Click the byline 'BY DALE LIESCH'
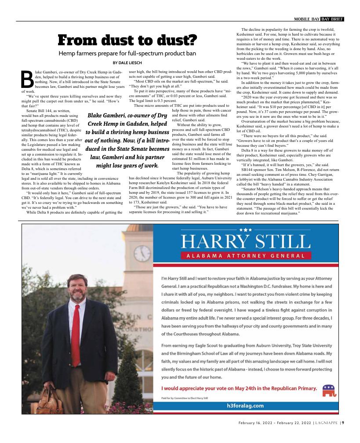127,63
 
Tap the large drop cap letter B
27,79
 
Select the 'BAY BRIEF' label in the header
332,19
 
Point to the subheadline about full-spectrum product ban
127,54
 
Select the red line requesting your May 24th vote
239,388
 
